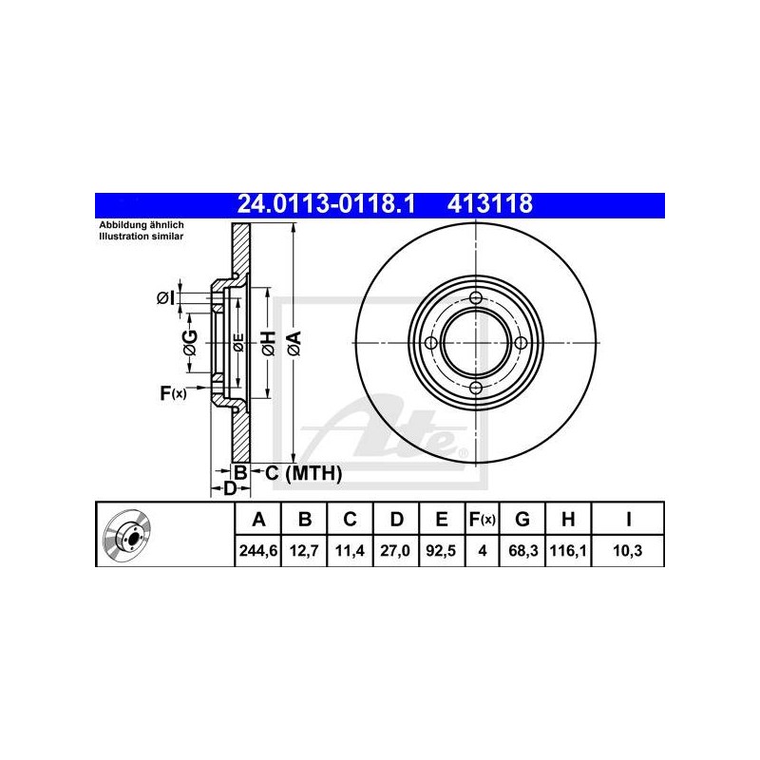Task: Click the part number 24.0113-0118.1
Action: [326, 204]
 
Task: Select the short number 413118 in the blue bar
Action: [489, 204]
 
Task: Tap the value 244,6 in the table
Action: [258, 551]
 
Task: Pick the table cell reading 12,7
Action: [304, 551]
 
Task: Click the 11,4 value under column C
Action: [350, 551]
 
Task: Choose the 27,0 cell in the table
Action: [395, 551]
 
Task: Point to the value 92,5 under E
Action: [441, 551]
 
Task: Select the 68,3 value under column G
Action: [522, 551]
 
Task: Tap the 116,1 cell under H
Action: [568, 551]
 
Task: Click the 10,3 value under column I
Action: [628, 551]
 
